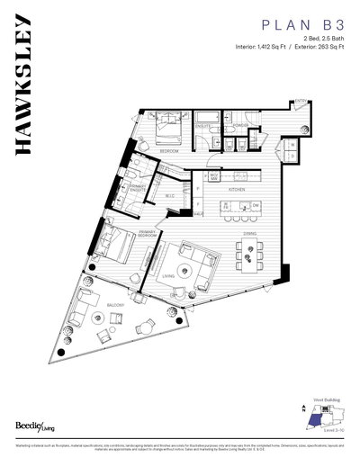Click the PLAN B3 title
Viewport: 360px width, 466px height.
pyautogui.click(x=301, y=28)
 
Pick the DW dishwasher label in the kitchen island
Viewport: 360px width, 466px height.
pyautogui.click(x=256, y=205)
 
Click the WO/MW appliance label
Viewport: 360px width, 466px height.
pyautogui.click(x=213, y=176)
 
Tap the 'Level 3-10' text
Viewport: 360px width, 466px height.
pyautogui.click(x=330, y=434)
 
